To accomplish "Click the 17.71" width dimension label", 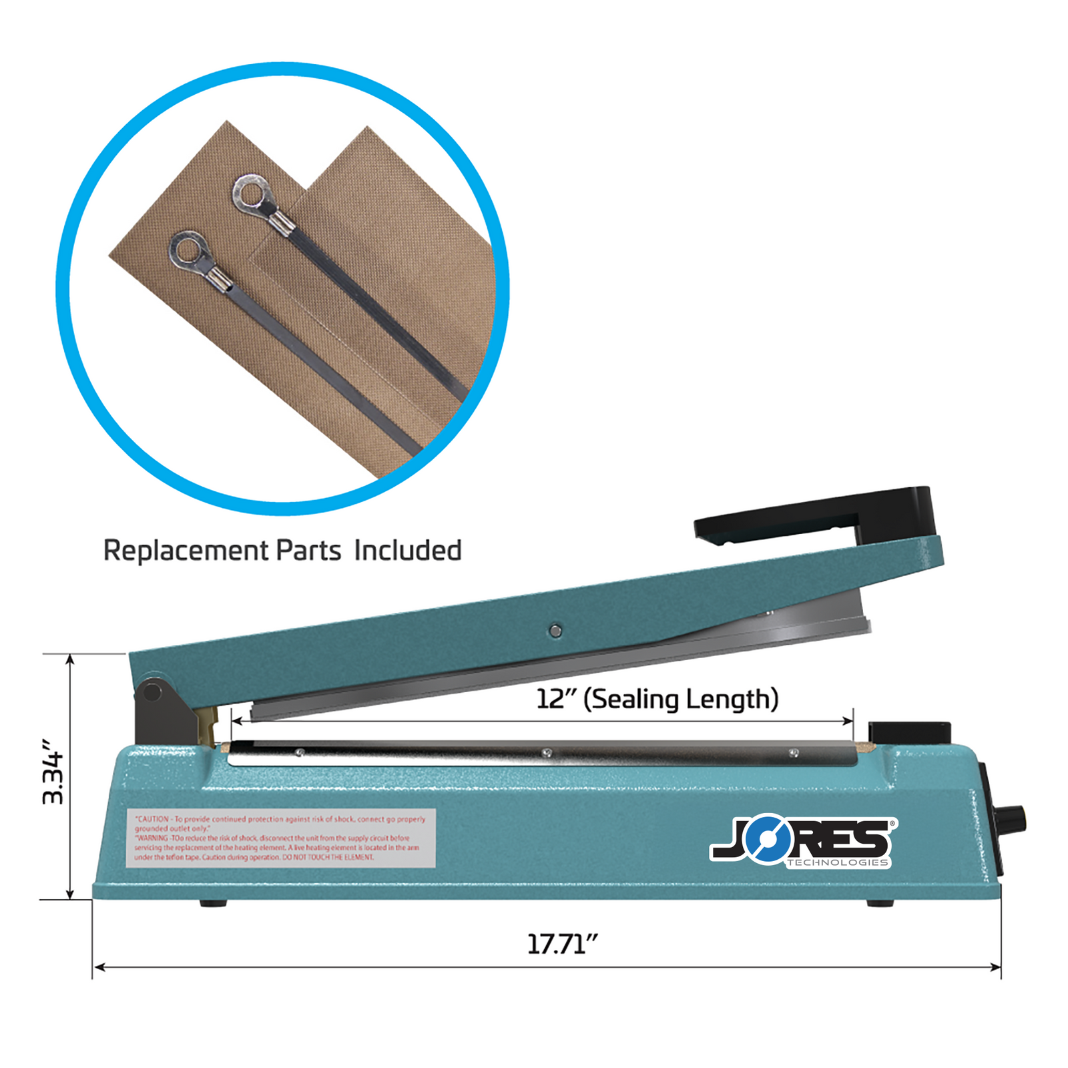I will coord(562,944).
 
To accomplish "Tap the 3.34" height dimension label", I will coord(53,772).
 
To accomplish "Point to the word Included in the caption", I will coord(408,551).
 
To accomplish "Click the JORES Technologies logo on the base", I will coord(804,841).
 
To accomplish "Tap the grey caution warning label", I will coord(281,838).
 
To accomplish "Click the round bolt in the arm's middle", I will coord(555,630).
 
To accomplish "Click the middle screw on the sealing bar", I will coord(547,753).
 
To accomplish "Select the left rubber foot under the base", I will coord(214,903).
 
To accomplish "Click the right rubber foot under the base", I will coord(880,903).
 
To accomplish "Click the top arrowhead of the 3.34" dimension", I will coord(70,660).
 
